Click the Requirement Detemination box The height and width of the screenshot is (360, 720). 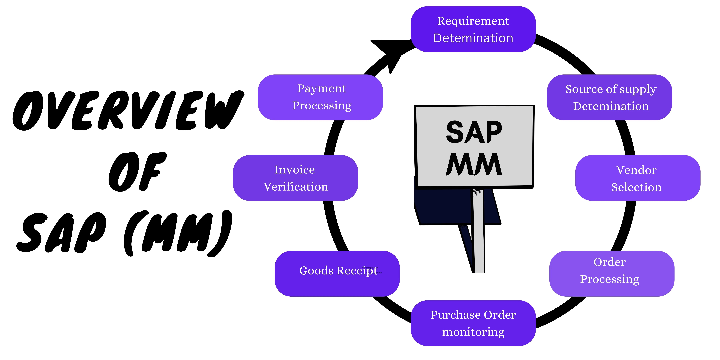coord(473,29)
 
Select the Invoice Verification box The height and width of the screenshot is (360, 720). coord(295,178)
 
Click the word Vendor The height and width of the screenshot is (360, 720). coord(636,170)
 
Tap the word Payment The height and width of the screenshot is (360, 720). coord(321,89)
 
